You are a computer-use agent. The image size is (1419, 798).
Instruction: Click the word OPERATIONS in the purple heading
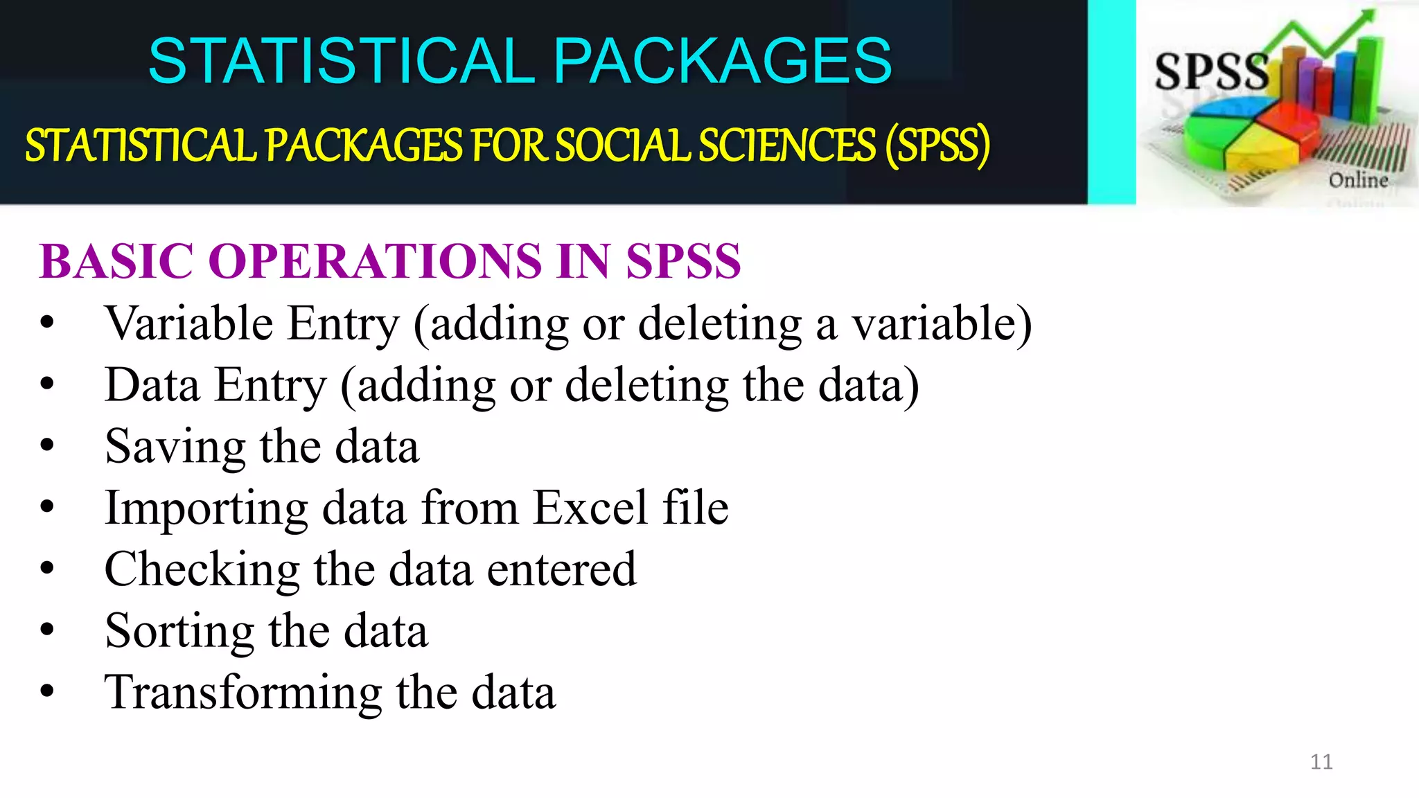tap(374, 262)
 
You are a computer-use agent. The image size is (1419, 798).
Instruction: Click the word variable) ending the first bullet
tap(941, 323)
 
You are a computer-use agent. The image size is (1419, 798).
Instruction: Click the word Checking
tap(202, 569)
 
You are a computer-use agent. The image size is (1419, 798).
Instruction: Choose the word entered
tap(561, 569)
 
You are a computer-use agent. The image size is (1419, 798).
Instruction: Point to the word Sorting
tap(179, 631)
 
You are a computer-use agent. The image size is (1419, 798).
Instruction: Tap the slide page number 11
tap(1321, 762)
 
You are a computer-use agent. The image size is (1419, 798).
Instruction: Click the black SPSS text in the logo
tap(1211, 71)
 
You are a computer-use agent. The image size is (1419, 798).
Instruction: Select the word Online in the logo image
tap(1358, 180)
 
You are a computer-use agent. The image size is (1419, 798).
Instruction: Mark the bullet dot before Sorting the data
tap(47, 630)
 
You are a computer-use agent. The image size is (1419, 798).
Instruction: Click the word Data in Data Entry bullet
tap(152, 385)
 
